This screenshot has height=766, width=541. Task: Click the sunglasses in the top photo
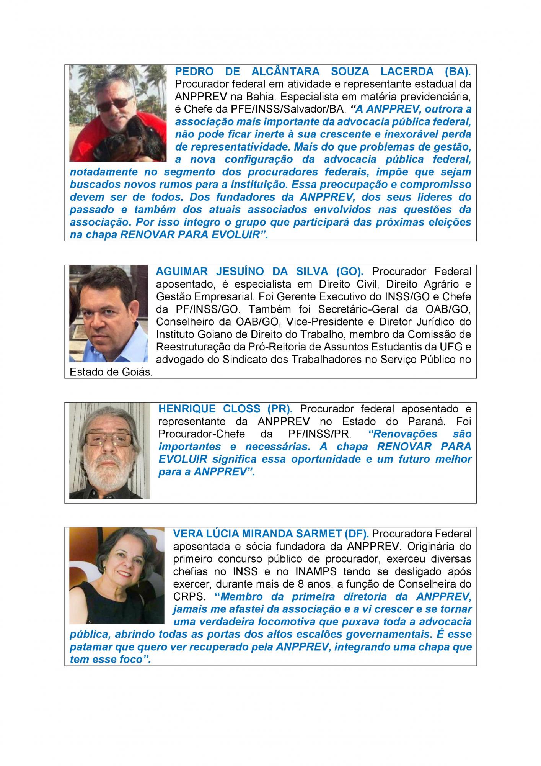[112, 102]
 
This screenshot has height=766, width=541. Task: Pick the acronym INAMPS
[316, 571]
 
